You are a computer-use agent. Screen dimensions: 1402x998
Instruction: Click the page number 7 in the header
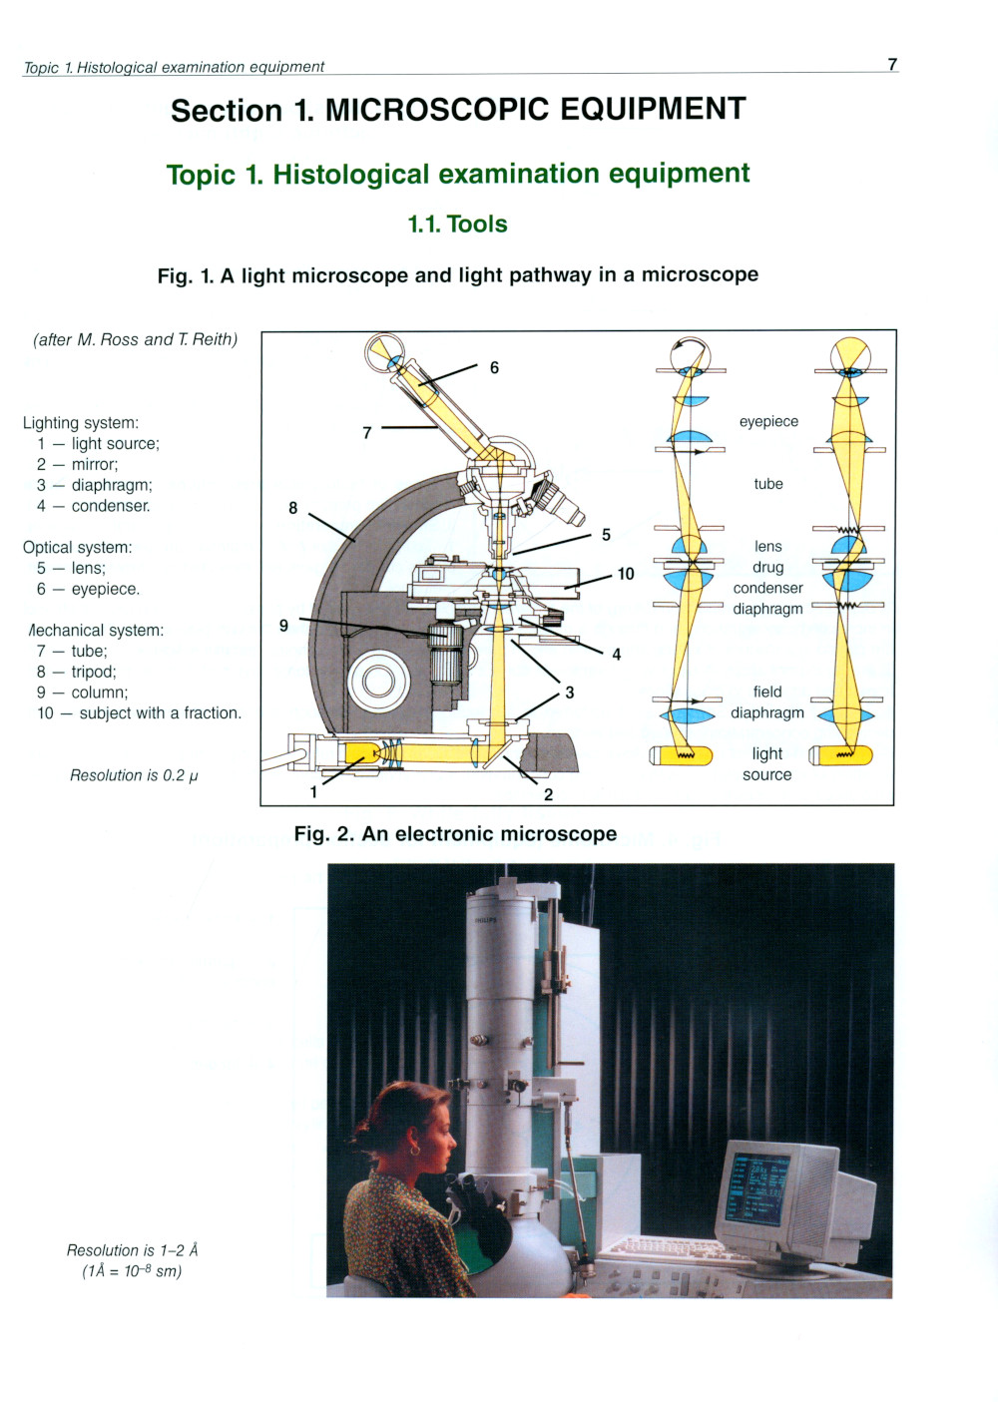892,65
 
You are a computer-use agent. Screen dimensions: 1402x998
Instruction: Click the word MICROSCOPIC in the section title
438,110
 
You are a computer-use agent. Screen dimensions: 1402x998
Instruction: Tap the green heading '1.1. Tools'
457,225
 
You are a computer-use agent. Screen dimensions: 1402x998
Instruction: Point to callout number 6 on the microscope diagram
494,368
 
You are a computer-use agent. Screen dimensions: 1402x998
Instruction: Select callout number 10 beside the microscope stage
626,574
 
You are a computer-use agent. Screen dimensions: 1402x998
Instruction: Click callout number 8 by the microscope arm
292,508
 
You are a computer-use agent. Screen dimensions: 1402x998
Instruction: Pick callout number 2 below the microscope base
548,794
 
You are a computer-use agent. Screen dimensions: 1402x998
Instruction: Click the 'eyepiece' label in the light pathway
768,422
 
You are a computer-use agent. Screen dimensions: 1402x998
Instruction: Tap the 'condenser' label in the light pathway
767,588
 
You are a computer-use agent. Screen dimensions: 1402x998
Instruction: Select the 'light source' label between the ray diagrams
766,764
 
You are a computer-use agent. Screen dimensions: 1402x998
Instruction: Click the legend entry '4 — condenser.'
94,506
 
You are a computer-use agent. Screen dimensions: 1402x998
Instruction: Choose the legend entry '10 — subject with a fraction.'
140,713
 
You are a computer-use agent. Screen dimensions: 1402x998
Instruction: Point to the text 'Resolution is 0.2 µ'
134,775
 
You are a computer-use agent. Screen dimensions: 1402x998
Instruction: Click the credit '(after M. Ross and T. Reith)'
136,340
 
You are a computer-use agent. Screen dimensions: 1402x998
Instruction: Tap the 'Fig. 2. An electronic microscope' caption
455,834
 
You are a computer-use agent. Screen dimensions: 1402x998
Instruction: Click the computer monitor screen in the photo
756,1190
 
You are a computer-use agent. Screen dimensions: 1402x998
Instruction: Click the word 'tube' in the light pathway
768,484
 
